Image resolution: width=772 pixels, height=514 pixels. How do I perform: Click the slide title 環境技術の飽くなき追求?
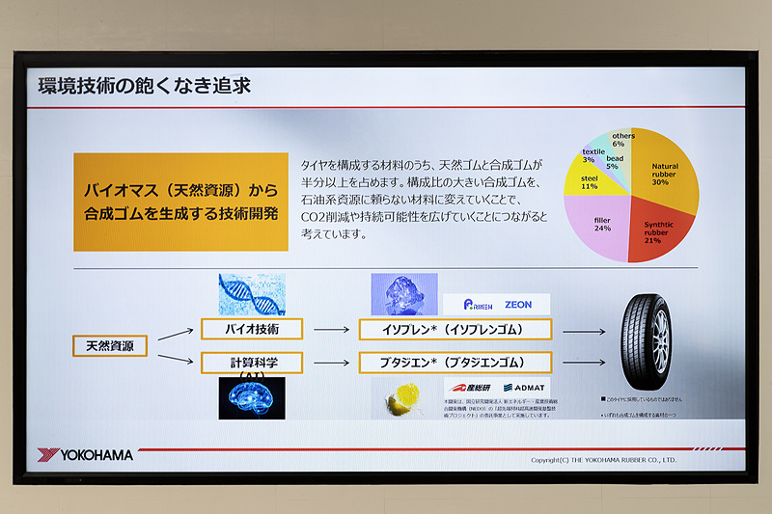[144, 86]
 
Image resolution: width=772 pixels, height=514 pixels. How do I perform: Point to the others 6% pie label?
[623, 140]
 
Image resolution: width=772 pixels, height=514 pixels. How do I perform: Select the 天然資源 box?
[110, 345]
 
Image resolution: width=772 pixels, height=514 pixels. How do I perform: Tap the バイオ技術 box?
[251, 330]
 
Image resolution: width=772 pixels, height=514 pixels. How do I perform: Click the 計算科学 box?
[251, 364]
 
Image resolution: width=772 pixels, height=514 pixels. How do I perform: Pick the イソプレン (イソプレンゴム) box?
[455, 330]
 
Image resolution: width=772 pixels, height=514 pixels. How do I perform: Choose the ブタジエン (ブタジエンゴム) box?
[455, 364]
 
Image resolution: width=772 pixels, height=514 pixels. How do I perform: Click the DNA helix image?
[251, 294]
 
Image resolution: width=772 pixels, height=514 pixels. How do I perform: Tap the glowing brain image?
[251, 397]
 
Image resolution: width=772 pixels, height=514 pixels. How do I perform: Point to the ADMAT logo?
[524, 388]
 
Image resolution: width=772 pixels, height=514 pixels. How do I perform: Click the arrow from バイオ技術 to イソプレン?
[331, 330]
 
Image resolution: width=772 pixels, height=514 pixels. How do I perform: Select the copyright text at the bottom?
[603, 460]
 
